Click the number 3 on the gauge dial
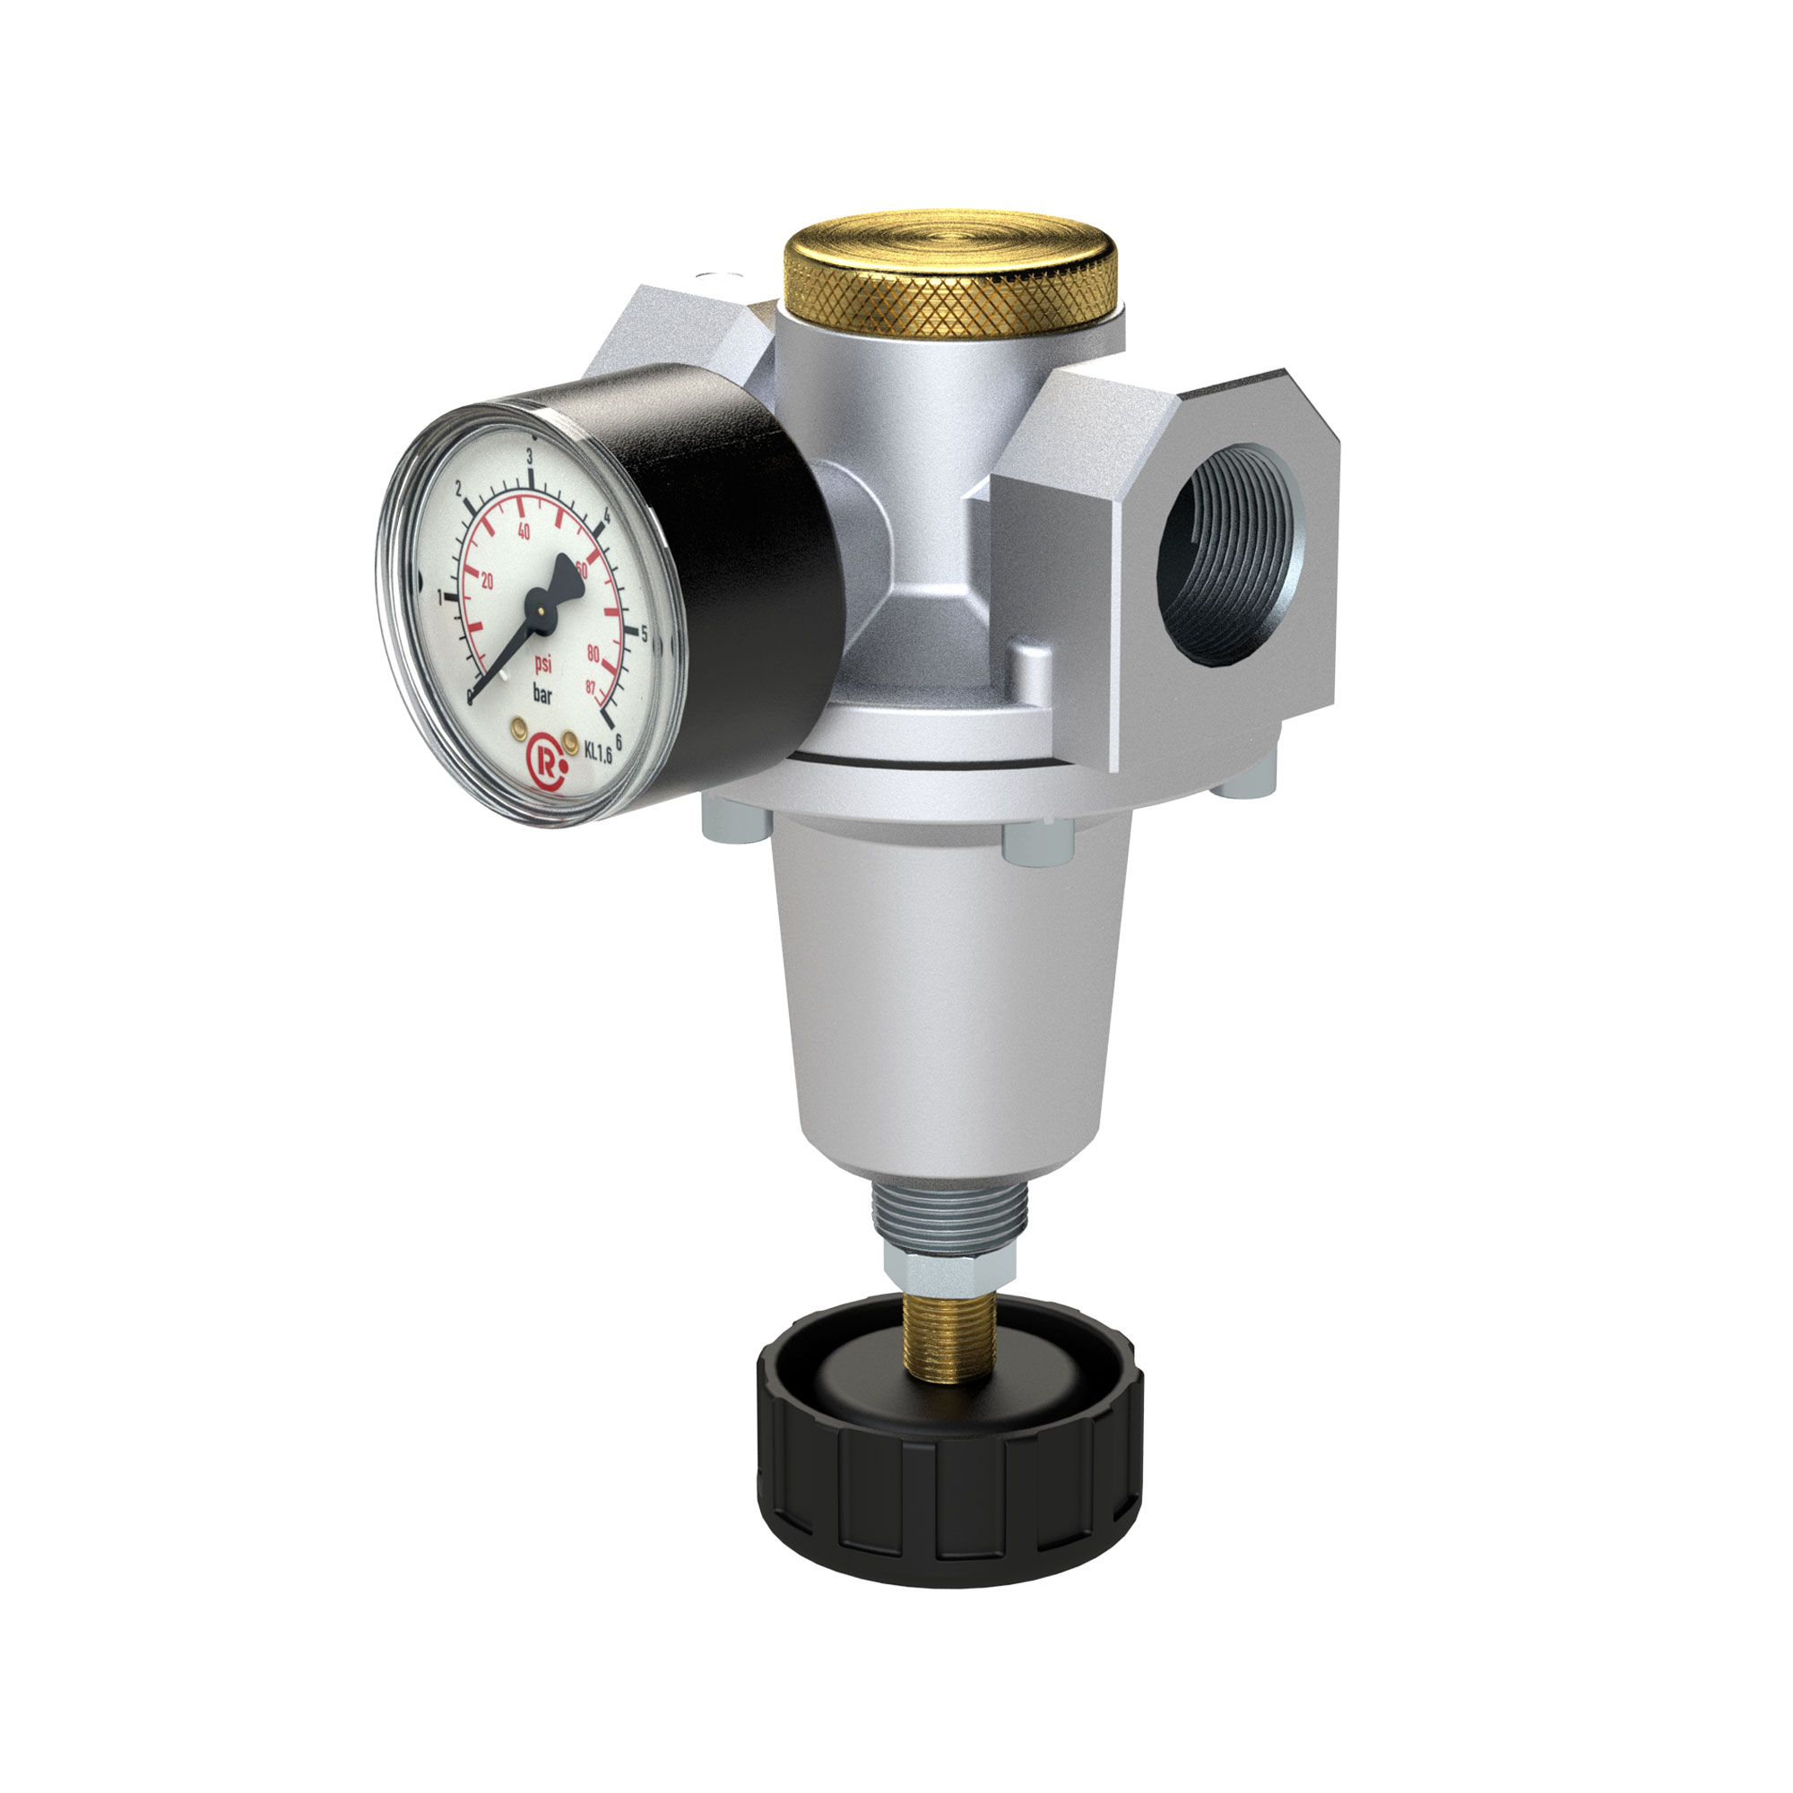(529, 456)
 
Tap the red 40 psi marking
(524, 532)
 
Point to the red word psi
(544, 663)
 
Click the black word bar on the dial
(542, 692)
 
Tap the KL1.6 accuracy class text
(599, 752)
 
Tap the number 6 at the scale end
(618, 741)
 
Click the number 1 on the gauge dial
(440, 601)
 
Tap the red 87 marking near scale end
(590, 688)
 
